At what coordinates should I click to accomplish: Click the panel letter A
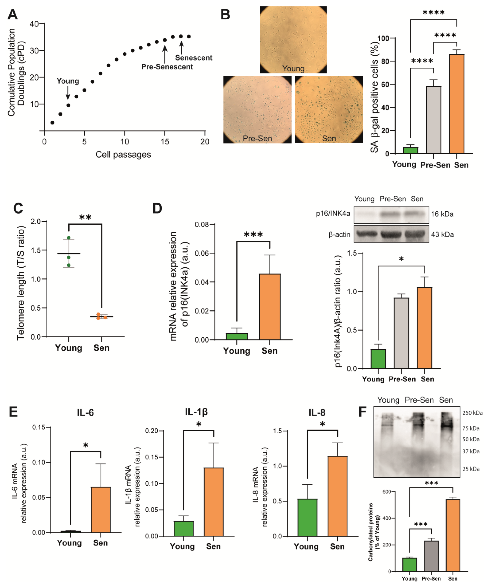coord(13,14)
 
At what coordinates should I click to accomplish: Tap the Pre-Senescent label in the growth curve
coord(167,67)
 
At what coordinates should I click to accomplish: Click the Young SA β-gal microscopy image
coord(293,40)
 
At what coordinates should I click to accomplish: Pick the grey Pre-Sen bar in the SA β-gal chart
coord(434,120)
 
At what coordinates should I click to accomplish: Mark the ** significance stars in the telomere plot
coord(85,217)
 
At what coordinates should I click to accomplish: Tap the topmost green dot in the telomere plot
coord(69,238)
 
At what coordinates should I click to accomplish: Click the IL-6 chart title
coord(85,413)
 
